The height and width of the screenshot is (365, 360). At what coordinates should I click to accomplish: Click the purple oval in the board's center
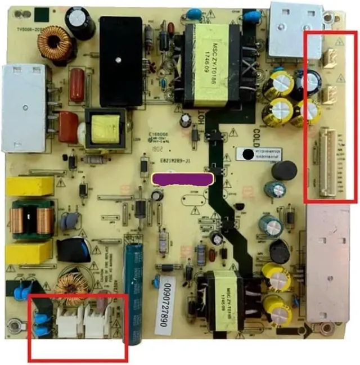click(x=182, y=179)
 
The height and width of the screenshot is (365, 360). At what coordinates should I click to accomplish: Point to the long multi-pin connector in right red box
click(x=327, y=163)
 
